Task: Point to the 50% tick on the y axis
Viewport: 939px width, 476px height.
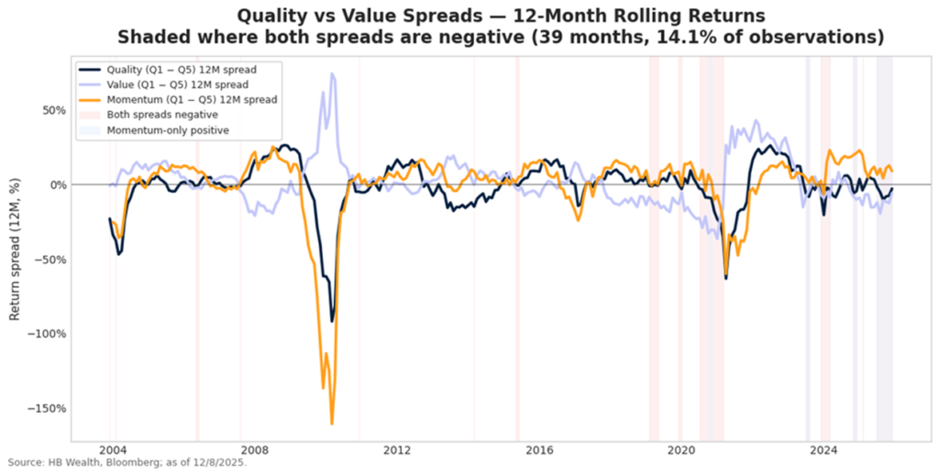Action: tap(50, 110)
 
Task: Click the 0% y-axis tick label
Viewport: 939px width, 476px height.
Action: tap(54, 184)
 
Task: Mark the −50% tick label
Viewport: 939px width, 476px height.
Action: tap(48, 260)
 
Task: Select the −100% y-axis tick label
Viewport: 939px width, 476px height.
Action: tap(45, 334)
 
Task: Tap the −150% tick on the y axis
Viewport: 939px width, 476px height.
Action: tap(45, 409)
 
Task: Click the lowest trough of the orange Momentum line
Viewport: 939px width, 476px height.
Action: tap(331, 424)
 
